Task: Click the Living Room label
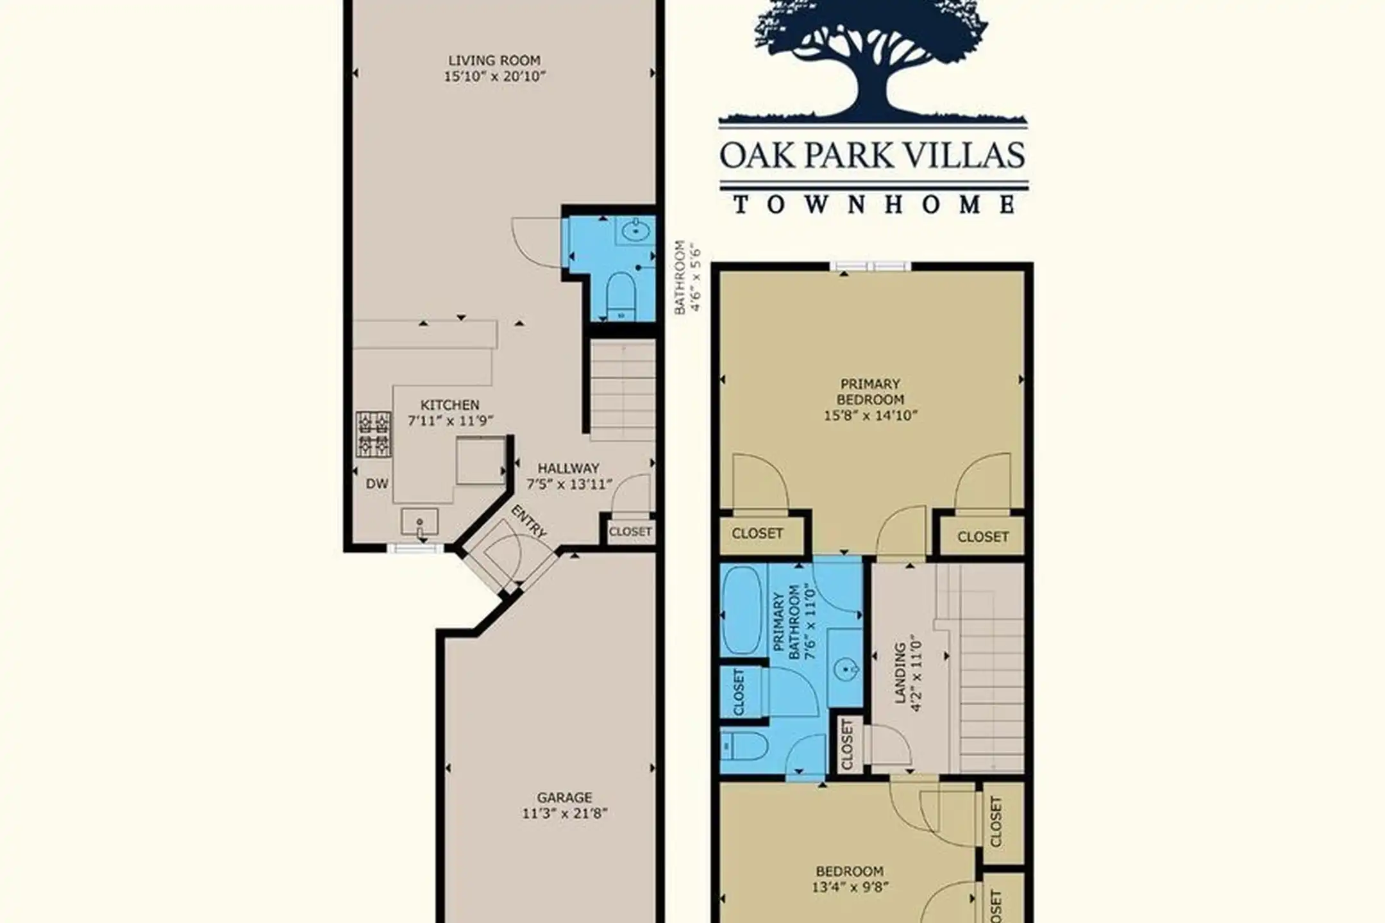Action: pos(494,61)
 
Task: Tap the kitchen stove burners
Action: pos(373,434)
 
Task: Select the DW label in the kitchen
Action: pos(377,484)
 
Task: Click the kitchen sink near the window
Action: pos(419,522)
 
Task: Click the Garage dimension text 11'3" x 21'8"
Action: pos(564,814)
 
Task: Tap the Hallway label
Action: pos(568,468)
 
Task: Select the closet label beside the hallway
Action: pos(630,531)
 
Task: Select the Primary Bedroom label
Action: pos(870,392)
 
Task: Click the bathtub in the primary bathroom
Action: pos(741,611)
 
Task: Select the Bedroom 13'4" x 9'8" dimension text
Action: pos(850,888)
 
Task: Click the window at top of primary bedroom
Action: pos(870,266)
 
